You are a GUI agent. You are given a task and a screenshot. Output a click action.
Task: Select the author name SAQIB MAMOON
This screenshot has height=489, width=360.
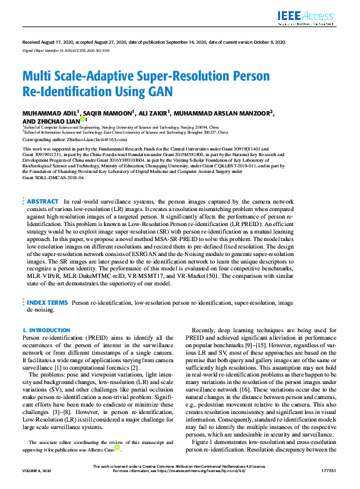coord(107,113)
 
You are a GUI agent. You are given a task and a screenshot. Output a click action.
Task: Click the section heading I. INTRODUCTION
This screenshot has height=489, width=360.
coord(46,330)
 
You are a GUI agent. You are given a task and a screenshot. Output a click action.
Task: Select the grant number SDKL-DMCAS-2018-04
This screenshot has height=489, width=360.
coord(53,177)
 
